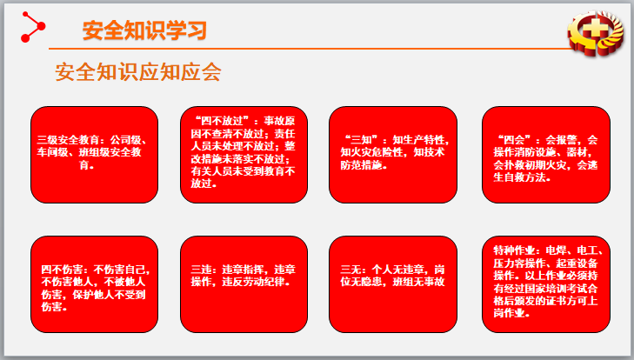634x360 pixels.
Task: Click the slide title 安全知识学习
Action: [144, 30]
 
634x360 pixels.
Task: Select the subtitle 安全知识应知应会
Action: [138, 73]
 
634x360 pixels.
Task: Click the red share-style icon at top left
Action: [33, 28]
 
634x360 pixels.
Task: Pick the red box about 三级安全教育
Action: [95, 154]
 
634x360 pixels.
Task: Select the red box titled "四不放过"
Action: [244, 154]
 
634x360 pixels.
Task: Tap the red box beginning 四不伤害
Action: [95, 283]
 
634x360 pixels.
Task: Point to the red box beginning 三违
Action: [244, 283]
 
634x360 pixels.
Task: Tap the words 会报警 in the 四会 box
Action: [566, 139]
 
